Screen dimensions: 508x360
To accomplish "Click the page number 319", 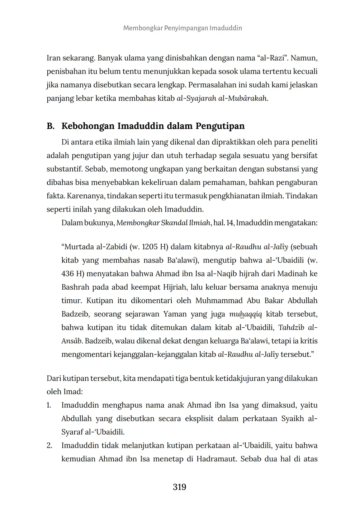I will pos(179,487).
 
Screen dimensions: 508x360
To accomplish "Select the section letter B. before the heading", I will pos(51,126).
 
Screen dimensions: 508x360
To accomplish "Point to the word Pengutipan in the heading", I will pos(220,126).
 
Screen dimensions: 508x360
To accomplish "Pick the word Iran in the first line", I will pos(53,58).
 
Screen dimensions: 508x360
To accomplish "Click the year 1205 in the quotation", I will pos(150,247).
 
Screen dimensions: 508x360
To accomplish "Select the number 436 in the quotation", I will pos(67,274).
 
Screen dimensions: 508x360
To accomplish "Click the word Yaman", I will pos(175,314).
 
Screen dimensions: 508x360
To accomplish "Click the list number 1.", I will pos(49,405).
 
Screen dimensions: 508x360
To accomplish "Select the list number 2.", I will pos(49,446).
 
